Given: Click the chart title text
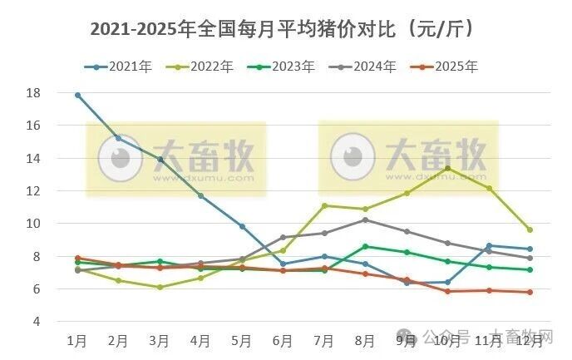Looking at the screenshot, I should point(283,29).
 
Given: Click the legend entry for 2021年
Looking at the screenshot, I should point(121,67).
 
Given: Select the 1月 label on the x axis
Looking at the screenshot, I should point(77,341).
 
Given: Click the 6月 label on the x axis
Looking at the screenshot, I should point(283,341).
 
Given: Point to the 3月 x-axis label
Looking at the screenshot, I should point(160,341).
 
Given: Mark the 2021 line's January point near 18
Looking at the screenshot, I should point(77,95).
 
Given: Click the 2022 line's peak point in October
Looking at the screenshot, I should point(447,169).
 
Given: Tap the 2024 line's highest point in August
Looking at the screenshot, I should point(365,219).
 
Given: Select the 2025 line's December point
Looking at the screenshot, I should point(530,292).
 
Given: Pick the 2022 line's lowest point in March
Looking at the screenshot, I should point(160,287).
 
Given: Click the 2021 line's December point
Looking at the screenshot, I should point(530,249).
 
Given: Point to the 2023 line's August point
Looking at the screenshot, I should point(365,246).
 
